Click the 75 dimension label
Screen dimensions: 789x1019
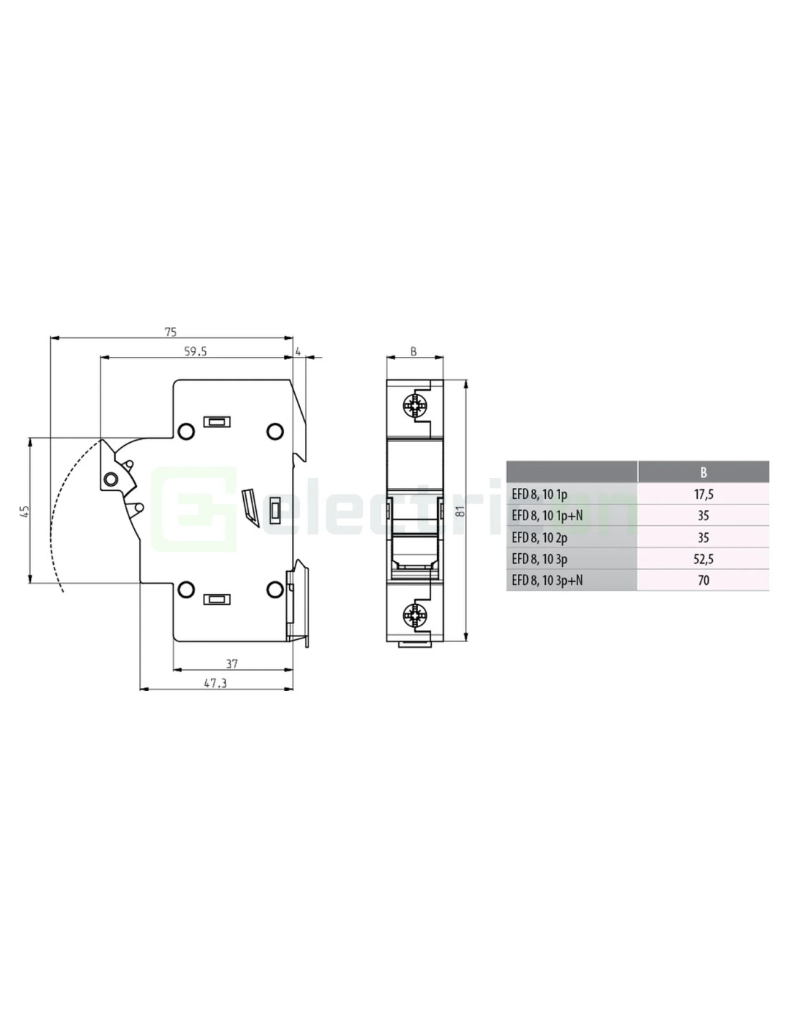click(x=171, y=332)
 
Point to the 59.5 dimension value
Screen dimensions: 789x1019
click(x=195, y=352)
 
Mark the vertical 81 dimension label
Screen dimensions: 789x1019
click(x=461, y=511)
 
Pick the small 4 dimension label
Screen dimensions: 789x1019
click(x=298, y=351)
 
